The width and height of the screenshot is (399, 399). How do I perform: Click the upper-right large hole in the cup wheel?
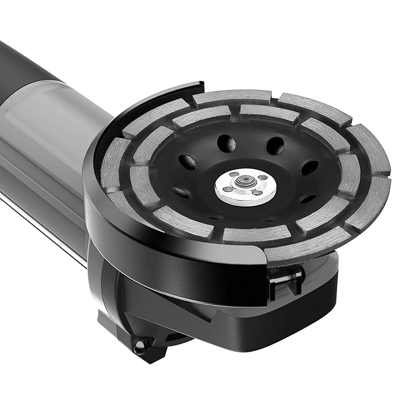[275, 145]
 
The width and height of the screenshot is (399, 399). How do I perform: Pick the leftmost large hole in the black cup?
[188, 162]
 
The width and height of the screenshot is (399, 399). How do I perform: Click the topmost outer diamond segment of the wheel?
[231, 96]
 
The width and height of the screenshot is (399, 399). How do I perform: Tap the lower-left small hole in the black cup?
[181, 193]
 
